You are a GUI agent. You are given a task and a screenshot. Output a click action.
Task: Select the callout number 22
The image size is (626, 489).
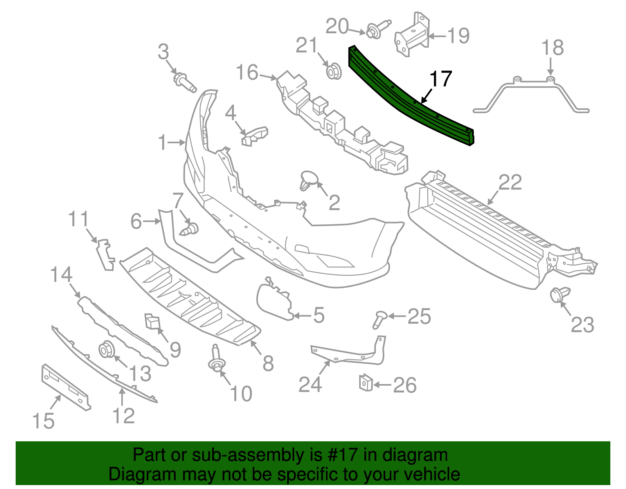[510, 182]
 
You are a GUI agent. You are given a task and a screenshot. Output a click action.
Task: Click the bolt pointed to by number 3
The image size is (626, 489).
[185, 82]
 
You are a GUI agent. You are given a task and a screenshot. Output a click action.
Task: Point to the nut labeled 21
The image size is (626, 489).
[334, 71]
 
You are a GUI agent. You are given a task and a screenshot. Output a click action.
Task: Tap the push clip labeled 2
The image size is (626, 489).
[309, 180]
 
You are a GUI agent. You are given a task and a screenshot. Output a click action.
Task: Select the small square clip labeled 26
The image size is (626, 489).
[366, 383]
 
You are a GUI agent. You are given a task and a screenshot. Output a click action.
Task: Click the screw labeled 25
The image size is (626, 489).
[380, 319]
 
